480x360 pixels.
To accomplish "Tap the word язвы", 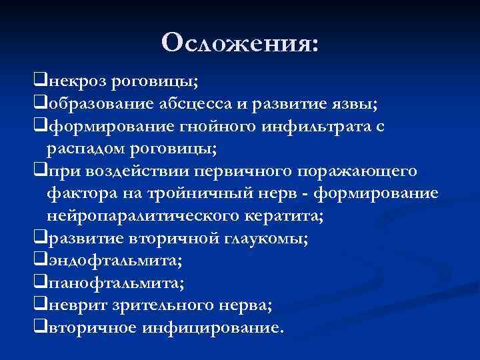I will [356, 104].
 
